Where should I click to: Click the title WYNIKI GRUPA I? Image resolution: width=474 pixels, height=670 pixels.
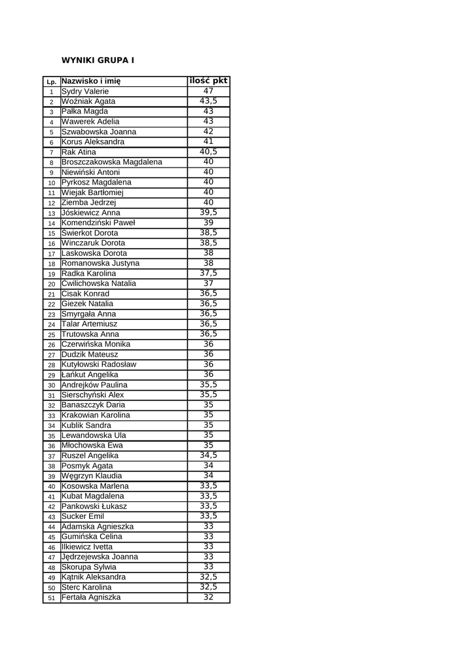(x=98, y=60)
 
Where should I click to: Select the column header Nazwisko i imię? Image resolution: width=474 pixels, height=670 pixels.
(x=91, y=81)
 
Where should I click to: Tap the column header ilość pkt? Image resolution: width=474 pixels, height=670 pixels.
(x=208, y=80)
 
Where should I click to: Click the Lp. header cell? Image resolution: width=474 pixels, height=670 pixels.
(x=51, y=82)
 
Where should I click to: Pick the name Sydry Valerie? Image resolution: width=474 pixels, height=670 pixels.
(x=85, y=92)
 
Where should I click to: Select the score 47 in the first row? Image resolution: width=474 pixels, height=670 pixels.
(x=208, y=91)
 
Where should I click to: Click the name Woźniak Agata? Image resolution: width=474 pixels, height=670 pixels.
(x=88, y=101)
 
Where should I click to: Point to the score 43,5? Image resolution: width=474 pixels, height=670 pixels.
(x=208, y=101)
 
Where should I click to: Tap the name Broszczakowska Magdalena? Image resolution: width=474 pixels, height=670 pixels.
(x=112, y=162)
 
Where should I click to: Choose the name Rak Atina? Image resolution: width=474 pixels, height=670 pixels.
(x=79, y=152)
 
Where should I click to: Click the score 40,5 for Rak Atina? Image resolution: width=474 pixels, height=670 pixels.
(x=208, y=152)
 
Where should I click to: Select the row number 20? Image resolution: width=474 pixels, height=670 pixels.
(x=51, y=284)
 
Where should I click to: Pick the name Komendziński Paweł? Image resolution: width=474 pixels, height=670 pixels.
(x=98, y=222)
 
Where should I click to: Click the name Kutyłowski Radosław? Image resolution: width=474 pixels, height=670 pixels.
(x=99, y=364)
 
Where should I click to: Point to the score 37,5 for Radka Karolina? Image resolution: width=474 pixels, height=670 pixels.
(x=208, y=273)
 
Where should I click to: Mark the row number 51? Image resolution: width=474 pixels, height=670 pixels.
(x=51, y=598)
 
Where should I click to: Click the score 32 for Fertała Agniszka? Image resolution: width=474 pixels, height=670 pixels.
(x=208, y=597)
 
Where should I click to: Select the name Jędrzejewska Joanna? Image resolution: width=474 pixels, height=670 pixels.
(x=100, y=557)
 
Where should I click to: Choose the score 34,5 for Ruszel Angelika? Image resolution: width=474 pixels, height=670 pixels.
(x=208, y=455)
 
